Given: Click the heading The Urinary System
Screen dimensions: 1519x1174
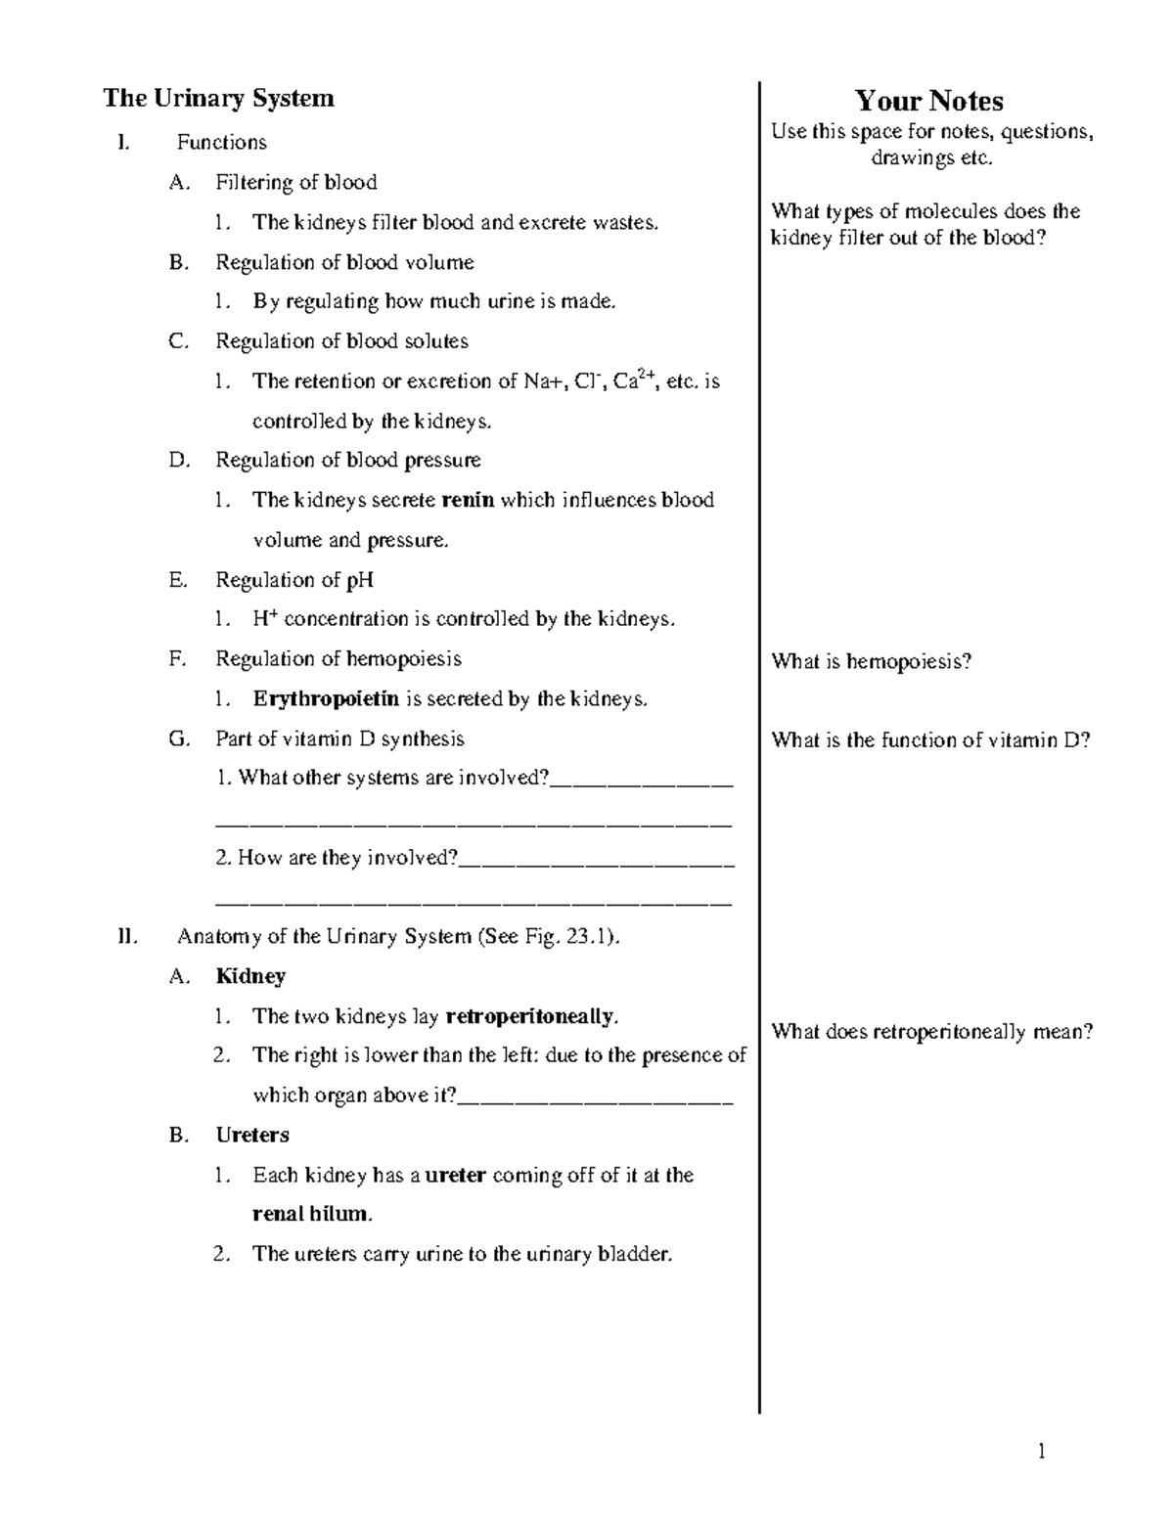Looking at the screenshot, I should click(218, 98).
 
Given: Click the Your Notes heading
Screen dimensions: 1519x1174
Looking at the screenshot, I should click(928, 101).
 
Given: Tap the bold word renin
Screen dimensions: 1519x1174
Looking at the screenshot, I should click(468, 500).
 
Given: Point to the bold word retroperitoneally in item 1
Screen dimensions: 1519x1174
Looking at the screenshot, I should click(530, 1016).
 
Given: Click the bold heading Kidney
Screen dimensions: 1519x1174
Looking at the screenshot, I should click(250, 976).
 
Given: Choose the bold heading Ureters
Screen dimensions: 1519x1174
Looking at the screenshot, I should click(252, 1135).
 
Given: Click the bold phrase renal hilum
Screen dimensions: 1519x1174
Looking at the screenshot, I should click(311, 1215).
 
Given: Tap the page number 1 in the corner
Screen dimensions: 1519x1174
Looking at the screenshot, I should click(1042, 1452).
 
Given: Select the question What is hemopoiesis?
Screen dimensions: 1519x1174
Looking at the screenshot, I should click(871, 661).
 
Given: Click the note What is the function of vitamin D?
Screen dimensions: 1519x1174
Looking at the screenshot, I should click(930, 739).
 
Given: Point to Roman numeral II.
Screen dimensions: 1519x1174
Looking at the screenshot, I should click(125, 936).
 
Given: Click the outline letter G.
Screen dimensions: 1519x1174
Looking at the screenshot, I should click(178, 738).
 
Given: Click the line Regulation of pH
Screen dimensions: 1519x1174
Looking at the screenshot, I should click(294, 580).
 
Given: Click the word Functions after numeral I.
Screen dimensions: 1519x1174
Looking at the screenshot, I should click(222, 143).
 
